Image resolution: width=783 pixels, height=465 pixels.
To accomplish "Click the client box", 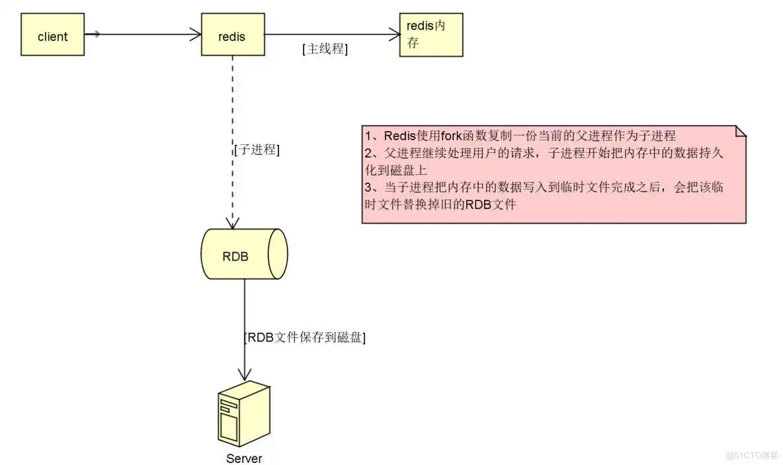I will (52, 36).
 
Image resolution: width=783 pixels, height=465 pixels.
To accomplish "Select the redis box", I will (231, 36).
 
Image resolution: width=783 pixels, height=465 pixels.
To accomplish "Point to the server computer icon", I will (244, 414).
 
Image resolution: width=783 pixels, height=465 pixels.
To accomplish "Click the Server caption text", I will (244, 458).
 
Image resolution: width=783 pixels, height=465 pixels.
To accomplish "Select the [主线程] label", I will (325, 49).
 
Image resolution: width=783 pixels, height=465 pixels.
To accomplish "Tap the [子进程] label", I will (257, 149).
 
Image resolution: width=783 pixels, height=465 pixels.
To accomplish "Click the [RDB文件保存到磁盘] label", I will (305, 337).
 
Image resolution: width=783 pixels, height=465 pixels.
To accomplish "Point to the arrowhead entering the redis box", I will (196, 34).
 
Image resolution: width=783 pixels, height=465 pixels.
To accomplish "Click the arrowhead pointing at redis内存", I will (395, 34).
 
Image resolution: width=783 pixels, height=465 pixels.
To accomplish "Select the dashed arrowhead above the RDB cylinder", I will (232, 222).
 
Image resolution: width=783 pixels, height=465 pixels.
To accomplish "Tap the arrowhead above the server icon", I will (245, 376).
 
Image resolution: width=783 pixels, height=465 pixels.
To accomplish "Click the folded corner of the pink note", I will (740, 130).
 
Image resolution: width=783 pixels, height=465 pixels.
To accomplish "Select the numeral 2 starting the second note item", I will (368, 153).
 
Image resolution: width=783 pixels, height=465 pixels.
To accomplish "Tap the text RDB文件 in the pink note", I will (490, 204).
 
